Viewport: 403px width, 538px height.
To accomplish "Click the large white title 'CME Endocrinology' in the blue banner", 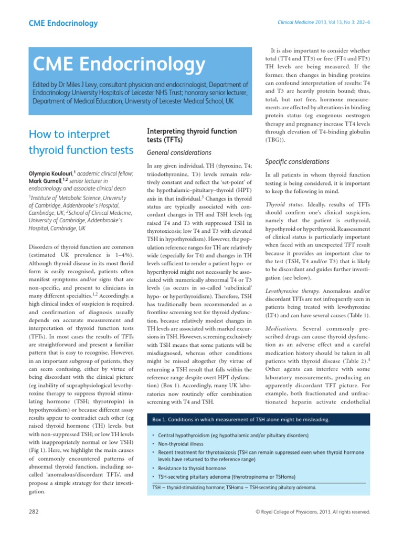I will [119, 65].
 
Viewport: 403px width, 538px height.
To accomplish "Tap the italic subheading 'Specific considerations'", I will [297, 161].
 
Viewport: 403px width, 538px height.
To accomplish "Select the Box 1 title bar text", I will [241, 420].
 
